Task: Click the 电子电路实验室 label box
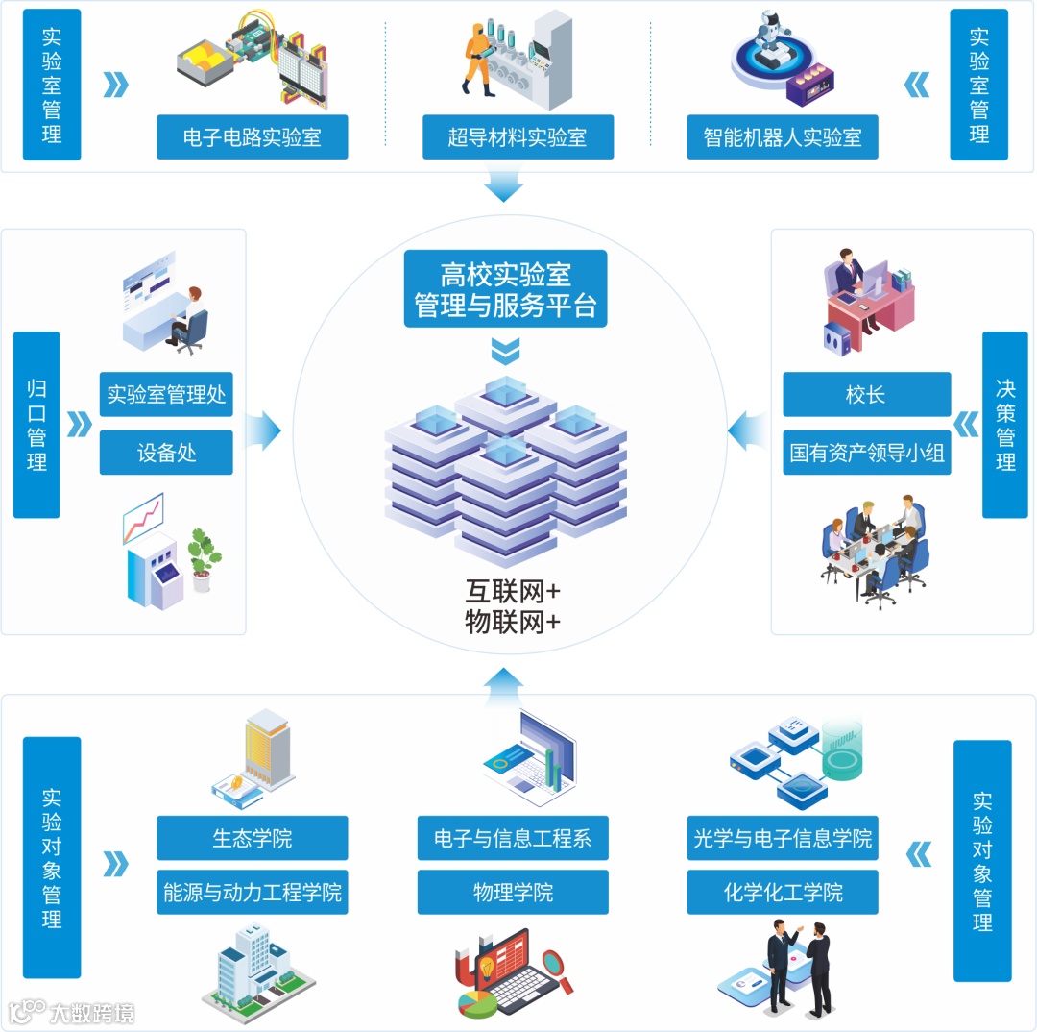(253, 137)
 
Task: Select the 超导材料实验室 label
(518, 137)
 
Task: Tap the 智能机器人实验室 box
(783, 137)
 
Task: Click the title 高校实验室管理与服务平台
(505, 289)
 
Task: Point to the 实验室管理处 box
(166, 394)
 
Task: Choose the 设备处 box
(166, 453)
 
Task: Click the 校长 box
(866, 394)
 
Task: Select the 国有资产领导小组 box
(866, 453)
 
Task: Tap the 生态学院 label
(253, 838)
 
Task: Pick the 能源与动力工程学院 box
(253, 892)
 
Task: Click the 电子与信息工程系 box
(513, 838)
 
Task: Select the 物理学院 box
(513, 892)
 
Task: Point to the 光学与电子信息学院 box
(783, 838)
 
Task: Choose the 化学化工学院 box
(783, 892)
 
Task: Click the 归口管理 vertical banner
(36, 425)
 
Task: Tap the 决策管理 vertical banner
(1004, 425)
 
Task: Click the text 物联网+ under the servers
(512, 621)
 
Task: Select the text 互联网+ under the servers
(512, 589)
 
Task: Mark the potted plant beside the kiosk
(203, 557)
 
